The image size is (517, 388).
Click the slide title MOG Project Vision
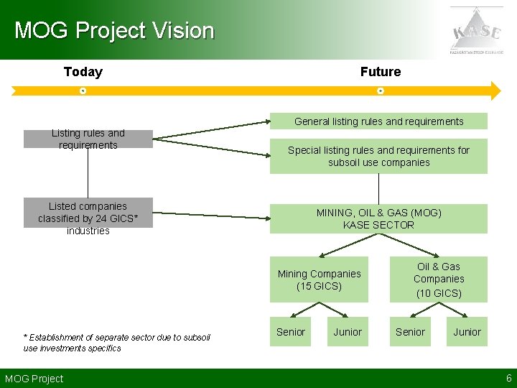[x=114, y=31]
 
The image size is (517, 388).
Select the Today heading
[x=83, y=72]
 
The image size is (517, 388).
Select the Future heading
[x=381, y=72]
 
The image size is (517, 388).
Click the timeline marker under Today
[x=83, y=91]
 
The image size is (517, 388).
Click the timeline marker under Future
[x=381, y=91]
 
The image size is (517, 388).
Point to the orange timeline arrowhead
[x=493, y=91]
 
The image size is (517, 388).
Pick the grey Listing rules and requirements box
[x=88, y=139]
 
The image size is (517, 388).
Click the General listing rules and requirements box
[x=378, y=121]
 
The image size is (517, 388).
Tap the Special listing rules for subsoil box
[x=378, y=156]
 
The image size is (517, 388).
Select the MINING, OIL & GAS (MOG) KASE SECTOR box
[x=378, y=218]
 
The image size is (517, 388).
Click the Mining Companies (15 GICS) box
[x=319, y=280]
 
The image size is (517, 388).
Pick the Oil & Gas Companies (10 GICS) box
[x=438, y=280]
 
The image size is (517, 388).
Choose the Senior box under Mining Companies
[x=291, y=332]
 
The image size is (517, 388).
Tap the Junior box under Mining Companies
[x=348, y=332]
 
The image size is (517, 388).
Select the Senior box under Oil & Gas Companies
[x=410, y=332]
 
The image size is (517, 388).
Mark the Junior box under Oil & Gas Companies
[x=467, y=332]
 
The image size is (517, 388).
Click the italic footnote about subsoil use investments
[x=116, y=343]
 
